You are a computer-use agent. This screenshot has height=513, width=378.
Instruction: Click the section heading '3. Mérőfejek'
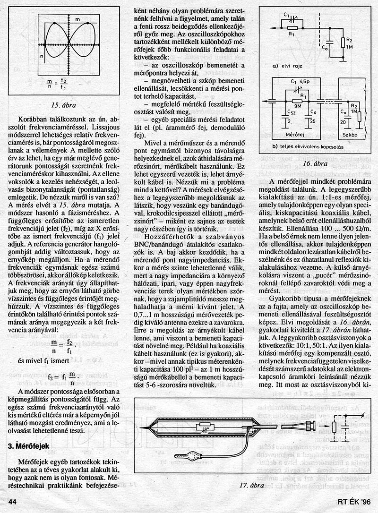pyautogui.click(x=29, y=445)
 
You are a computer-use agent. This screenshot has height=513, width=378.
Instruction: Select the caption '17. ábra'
pyautogui.click(x=250, y=485)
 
